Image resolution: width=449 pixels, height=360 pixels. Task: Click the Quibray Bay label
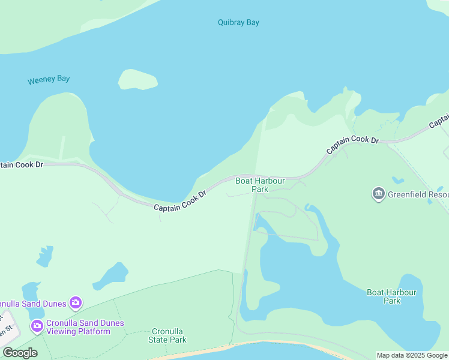point(238,23)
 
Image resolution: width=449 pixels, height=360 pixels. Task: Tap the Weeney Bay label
point(49,79)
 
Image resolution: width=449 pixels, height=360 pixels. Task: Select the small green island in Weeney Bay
point(138,80)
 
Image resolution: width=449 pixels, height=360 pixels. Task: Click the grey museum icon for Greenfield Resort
point(378,194)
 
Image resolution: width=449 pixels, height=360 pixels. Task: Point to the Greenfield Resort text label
point(417,195)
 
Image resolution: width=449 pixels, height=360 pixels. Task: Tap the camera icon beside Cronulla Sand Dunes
point(76,302)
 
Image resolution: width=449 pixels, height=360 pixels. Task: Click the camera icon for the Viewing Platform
point(37,326)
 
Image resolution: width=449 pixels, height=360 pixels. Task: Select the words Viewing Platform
point(78,331)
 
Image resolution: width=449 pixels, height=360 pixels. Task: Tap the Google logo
point(20,353)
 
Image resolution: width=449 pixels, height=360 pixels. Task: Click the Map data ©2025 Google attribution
point(412,355)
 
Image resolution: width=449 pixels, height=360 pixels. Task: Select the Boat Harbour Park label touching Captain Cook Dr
point(252,185)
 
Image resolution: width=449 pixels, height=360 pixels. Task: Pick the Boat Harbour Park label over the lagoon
point(391,296)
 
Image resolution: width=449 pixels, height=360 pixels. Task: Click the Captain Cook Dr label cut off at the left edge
point(22,164)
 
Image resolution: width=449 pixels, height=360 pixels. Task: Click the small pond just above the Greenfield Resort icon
point(397,179)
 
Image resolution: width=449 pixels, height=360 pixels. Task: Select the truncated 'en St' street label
point(5,328)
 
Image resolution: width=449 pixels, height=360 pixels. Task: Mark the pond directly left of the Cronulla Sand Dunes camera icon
point(31,291)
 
